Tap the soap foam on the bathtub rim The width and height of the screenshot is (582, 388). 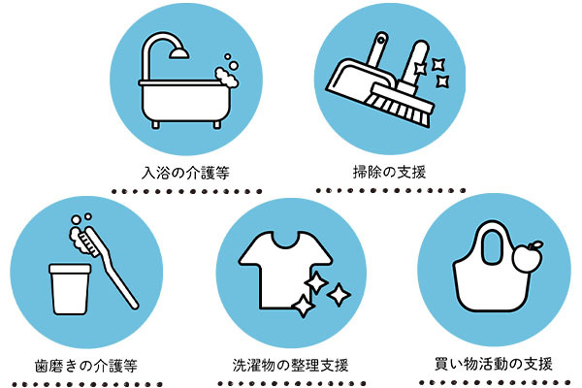pos(226,78)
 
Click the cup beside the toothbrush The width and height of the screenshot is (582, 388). pos(70,289)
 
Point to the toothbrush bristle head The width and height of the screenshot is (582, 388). pos(88,242)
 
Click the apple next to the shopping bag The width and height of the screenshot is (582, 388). pos(527,258)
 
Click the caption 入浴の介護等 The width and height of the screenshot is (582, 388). pos(185,173)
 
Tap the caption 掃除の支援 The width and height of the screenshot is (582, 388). pos(389,173)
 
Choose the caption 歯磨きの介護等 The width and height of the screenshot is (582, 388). pos(86,366)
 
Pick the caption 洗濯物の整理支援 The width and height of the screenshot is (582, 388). pos(291,365)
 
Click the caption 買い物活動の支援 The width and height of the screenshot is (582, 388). pos(494,364)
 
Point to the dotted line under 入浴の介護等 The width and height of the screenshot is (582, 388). pos(187,192)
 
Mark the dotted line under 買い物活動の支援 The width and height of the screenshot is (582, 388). pos(495,382)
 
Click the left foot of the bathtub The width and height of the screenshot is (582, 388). pos(156,125)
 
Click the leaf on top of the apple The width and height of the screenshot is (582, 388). pos(536,245)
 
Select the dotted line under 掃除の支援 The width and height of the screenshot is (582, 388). pos(391,190)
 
